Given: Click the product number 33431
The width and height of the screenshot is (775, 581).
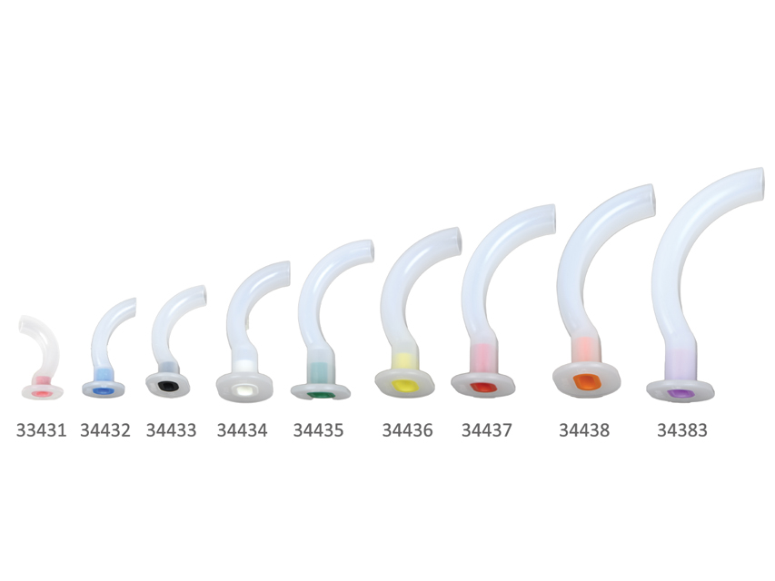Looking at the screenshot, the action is click(41, 430).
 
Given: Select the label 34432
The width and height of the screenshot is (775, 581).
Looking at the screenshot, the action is click(105, 430).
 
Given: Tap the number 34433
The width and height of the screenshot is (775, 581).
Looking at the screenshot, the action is click(171, 430).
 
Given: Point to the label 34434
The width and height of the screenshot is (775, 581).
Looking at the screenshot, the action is click(243, 430).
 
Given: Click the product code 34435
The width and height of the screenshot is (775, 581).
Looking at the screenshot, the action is click(318, 430).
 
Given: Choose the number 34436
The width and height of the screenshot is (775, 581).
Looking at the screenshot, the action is click(407, 430).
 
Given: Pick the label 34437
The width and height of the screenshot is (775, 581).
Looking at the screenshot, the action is click(487, 430).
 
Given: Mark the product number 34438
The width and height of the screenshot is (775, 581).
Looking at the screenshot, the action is click(584, 430).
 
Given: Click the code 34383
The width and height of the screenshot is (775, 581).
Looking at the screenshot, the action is click(682, 430).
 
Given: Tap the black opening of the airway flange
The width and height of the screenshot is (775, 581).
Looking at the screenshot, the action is click(168, 386).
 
